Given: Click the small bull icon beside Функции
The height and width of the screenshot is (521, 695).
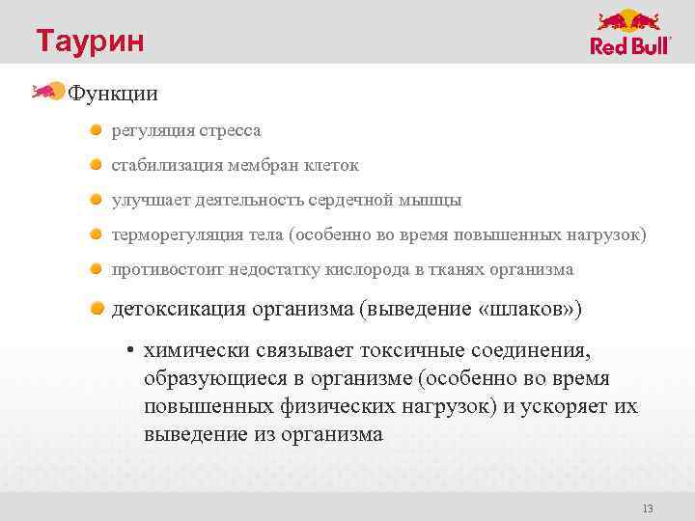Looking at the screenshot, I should pos(47,93).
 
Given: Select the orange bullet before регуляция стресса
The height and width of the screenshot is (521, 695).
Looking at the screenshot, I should pos(97,128).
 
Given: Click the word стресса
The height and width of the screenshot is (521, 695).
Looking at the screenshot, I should pos(230,129).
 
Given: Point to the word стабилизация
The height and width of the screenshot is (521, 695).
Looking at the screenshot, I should pos(166,165).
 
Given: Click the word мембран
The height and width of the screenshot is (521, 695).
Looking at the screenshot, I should pos(264,165).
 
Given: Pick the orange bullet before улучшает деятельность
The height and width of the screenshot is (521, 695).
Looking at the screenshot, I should pos(97,200).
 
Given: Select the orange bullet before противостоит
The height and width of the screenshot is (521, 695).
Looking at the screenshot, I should pos(97,269).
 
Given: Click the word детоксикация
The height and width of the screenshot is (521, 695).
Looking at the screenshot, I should pos(180,309).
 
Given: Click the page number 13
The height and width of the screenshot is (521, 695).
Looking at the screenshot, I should pos(648,508).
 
